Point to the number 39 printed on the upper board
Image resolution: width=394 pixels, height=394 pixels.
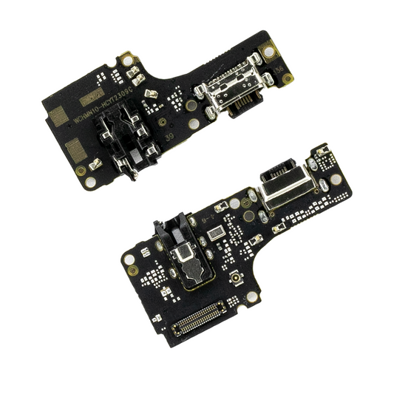point(169,135)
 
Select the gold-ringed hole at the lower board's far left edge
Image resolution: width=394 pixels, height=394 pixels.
point(130,259)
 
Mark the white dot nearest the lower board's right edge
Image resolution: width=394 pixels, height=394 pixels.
point(336,179)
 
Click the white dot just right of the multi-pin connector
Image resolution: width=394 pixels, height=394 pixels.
point(252,296)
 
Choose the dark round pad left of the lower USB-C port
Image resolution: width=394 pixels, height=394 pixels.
point(249,216)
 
